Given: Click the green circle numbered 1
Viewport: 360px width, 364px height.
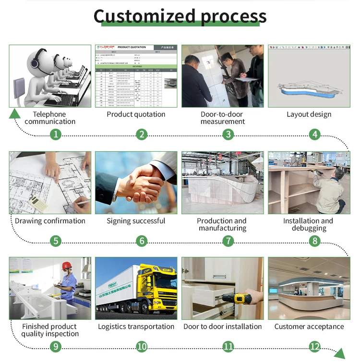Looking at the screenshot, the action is coord(56,134).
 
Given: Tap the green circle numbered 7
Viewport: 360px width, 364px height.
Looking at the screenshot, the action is coord(228,241).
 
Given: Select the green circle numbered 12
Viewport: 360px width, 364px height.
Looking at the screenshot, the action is coord(314,346).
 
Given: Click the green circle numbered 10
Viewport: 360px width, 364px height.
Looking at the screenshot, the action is coord(142,346).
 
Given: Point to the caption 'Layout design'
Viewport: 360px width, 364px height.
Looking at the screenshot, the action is coord(309,114).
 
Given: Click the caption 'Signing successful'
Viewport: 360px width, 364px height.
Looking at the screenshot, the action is coord(136,221).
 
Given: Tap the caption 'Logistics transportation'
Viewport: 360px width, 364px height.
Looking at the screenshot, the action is coord(136,327).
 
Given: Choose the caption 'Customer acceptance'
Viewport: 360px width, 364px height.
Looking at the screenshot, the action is coord(309,327).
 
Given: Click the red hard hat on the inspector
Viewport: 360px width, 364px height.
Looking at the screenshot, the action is coord(67,266).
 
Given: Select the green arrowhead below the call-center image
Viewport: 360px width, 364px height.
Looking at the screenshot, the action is coord(15,113).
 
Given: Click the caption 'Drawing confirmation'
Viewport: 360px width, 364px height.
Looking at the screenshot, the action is coord(50,221).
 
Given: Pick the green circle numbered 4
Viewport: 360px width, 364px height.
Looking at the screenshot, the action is coord(314,134).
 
